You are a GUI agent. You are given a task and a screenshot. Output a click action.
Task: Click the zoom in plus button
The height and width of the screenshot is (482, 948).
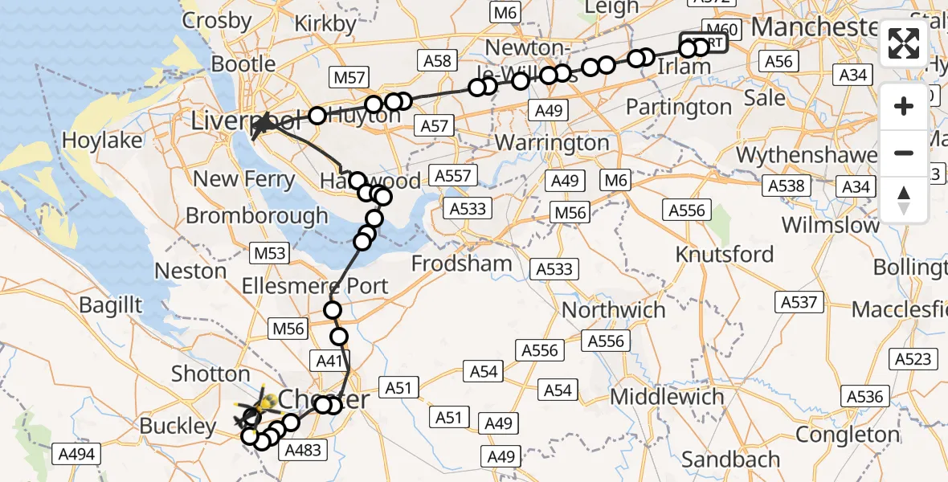pyautogui.click(x=904, y=106)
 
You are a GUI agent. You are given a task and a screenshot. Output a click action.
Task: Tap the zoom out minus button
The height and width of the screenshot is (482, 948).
pyautogui.click(x=904, y=153)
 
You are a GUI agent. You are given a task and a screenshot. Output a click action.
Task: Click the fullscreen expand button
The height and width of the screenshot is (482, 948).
pyautogui.click(x=904, y=43)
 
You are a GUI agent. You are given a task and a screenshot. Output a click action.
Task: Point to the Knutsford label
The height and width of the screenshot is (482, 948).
pyautogui.click(x=725, y=255)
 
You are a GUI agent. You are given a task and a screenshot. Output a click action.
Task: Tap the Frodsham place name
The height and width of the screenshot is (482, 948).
pyautogui.click(x=461, y=263)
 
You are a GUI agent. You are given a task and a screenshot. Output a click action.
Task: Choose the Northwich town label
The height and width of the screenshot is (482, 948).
pyautogui.click(x=614, y=309)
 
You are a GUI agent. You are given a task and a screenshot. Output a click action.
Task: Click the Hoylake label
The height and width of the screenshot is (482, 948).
pyautogui.click(x=103, y=141)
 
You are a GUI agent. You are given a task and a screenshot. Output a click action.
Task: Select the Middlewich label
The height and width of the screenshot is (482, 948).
pyautogui.click(x=666, y=396)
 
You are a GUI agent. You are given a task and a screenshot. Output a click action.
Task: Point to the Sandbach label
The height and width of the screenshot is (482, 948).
pyautogui.click(x=730, y=460)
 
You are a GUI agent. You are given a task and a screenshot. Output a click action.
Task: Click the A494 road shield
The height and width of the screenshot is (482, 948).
pyautogui.click(x=77, y=455)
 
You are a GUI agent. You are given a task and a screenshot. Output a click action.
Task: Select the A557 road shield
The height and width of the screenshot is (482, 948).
pyautogui.click(x=456, y=175)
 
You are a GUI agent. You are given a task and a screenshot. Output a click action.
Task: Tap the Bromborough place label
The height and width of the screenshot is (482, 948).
pyautogui.click(x=257, y=215)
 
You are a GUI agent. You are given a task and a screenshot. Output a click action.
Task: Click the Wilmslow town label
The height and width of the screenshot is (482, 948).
pyautogui.click(x=831, y=225)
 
